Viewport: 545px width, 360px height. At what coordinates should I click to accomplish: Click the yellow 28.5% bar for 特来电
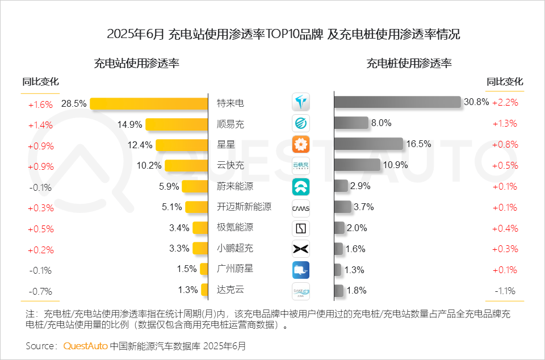tap(149, 103)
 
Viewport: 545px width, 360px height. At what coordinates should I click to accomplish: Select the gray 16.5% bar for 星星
tap(368, 144)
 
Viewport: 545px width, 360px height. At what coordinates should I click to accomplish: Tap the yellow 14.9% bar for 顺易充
tap(177, 124)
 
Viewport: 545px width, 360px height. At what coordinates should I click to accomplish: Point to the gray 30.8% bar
tap(397, 102)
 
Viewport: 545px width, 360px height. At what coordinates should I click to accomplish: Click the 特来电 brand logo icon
tap(301, 103)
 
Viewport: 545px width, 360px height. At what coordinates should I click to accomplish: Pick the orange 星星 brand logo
tap(301, 144)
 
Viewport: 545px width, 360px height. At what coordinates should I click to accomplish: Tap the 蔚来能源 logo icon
tap(301, 186)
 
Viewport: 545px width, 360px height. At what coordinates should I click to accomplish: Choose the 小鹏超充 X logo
tap(301, 248)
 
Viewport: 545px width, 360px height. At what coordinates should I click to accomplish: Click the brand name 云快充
tap(230, 165)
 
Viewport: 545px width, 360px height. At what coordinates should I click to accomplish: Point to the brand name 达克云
tap(230, 290)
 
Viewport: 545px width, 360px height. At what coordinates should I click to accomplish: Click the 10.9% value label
tap(395, 165)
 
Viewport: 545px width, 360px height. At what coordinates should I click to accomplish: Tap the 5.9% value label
tap(169, 186)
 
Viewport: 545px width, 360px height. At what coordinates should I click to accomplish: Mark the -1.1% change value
tap(505, 291)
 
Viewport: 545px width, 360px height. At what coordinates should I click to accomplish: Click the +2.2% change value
tap(505, 102)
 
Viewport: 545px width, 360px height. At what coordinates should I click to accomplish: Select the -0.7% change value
tap(40, 291)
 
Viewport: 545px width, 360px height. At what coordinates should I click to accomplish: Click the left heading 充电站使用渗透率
tap(136, 63)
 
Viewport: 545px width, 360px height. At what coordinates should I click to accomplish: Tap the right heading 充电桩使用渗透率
tap(409, 63)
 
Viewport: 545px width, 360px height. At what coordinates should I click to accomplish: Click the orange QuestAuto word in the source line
tap(85, 345)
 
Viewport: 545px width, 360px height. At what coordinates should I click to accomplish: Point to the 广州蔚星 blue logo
tap(301, 269)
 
